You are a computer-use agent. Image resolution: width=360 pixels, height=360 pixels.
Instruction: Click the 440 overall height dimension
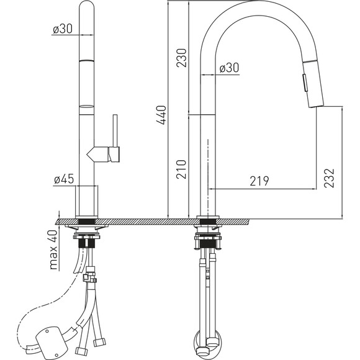(161, 115)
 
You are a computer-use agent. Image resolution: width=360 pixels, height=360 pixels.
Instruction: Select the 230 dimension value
(181, 58)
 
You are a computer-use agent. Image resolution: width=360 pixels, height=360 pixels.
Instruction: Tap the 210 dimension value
(181, 169)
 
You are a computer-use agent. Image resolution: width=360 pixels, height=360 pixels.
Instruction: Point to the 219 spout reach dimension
(259, 181)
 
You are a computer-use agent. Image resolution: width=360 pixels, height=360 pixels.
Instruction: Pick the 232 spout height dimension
(329, 178)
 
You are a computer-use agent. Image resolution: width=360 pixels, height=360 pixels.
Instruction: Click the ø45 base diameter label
(64, 179)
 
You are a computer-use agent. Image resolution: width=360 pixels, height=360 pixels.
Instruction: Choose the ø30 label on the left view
(63, 29)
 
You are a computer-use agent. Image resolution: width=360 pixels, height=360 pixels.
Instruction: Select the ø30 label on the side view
(229, 68)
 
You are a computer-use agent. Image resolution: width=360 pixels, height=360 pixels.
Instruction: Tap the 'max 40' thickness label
(53, 250)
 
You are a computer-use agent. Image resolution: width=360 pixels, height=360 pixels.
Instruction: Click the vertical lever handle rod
(115, 130)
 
